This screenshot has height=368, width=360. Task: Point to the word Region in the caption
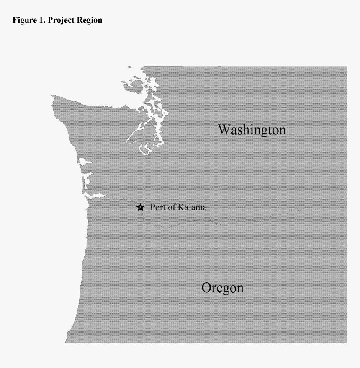(90, 20)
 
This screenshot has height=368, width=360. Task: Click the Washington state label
(252, 130)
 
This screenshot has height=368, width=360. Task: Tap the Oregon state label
(222, 288)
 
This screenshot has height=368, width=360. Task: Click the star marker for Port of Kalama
(141, 207)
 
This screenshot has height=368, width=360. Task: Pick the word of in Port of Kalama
(171, 207)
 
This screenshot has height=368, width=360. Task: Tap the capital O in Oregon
(206, 288)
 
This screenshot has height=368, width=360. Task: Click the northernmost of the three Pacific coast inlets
(84, 162)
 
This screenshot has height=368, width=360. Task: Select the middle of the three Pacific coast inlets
(87, 179)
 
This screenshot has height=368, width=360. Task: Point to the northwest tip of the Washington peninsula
(54, 97)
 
